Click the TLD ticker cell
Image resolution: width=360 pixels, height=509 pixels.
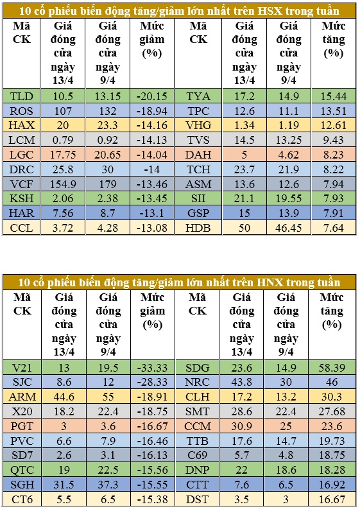point(21,96)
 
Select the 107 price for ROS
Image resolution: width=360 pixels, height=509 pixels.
point(63,111)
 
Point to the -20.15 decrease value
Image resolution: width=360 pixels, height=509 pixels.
point(152,96)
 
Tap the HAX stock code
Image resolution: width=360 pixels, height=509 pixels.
point(21,125)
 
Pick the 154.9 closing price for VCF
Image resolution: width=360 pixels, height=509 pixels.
point(63,184)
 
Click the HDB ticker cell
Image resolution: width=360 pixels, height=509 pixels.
point(198,228)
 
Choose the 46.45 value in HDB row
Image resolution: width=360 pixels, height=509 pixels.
point(289,228)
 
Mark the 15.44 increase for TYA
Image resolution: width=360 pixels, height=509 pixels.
point(334,96)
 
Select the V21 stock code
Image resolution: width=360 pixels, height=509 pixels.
point(22,368)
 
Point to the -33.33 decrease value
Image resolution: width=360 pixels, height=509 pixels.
point(152,368)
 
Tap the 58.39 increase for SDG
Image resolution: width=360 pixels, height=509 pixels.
point(331,368)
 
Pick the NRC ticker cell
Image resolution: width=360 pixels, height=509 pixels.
point(198,382)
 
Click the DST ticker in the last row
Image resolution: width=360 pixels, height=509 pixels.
point(198,499)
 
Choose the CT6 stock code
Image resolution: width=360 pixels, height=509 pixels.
point(22,499)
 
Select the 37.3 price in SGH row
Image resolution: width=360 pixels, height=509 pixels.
point(108,485)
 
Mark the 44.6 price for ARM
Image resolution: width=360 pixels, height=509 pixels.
point(64,397)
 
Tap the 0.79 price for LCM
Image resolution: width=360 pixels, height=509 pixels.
point(63,140)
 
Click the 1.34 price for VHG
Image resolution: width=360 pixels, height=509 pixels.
point(244,125)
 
